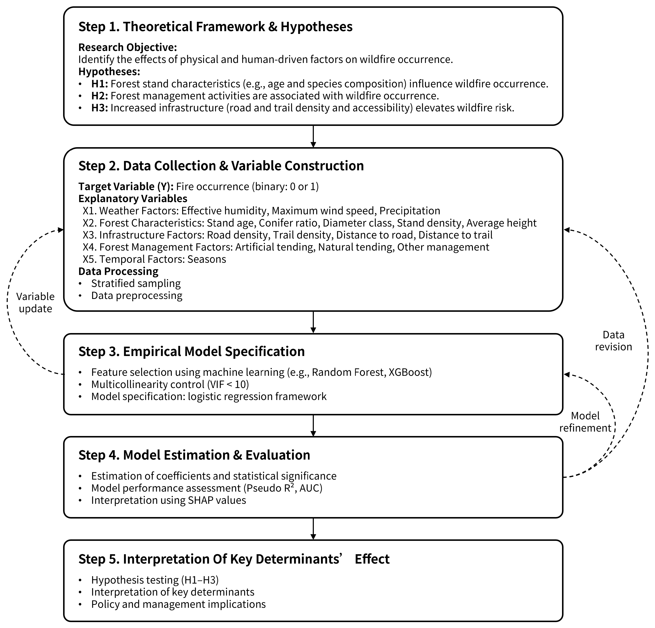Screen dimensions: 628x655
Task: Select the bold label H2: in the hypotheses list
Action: pyautogui.click(x=99, y=96)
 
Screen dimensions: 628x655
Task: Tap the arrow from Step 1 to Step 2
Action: pyautogui.click(x=313, y=136)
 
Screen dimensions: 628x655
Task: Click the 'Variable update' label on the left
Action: pyautogui.click(x=35, y=302)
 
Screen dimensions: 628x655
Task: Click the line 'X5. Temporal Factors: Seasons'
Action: pyautogui.click(x=154, y=259)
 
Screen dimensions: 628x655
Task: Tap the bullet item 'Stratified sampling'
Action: pyautogui.click(x=136, y=283)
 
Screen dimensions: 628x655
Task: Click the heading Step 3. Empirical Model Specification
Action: pyautogui.click(x=191, y=351)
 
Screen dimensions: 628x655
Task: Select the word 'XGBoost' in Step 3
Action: pyautogui.click(x=410, y=372)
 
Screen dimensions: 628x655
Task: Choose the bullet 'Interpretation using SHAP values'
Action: pyautogui.click(x=168, y=500)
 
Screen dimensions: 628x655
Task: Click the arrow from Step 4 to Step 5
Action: pyautogui.click(x=313, y=529)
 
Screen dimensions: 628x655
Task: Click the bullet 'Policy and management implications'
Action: pyautogui.click(x=178, y=604)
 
